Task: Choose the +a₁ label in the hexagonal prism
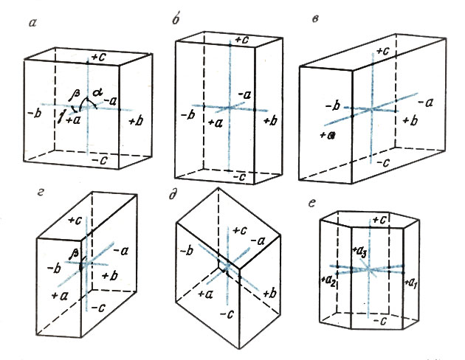tap(412, 280)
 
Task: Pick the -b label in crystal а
tap(32, 114)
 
